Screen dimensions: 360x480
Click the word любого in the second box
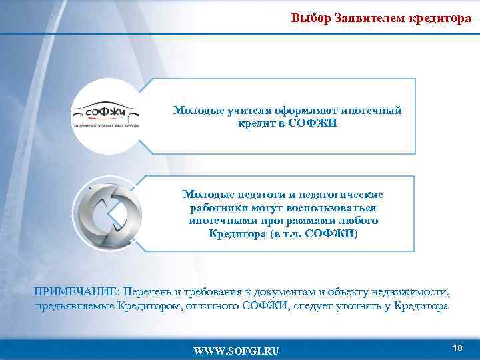[360, 221]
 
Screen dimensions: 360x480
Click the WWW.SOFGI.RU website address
[237, 351]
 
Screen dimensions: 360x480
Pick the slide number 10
[457, 348]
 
